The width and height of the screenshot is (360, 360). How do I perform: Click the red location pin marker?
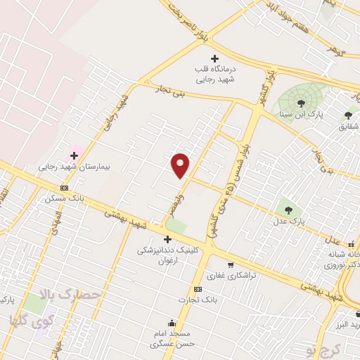[181, 165]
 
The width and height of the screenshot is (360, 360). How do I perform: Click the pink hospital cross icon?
[74, 155]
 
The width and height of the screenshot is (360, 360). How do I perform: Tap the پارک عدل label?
[288, 222]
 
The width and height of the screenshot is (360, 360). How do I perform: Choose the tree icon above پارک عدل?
[287, 209]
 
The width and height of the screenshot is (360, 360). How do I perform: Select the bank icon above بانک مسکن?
[65, 188]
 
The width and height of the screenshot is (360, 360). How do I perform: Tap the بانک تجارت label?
[198, 300]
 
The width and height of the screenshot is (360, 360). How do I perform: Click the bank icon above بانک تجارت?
[198, 289]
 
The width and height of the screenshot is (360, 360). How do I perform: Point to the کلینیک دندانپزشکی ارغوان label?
[168, 254]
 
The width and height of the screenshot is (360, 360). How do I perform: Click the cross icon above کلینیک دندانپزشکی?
[167, 239]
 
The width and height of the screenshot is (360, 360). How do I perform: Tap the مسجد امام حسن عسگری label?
[172, 339]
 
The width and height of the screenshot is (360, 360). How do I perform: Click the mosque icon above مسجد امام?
[172, 323]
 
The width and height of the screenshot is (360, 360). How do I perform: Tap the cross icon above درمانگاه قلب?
[215, 58]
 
